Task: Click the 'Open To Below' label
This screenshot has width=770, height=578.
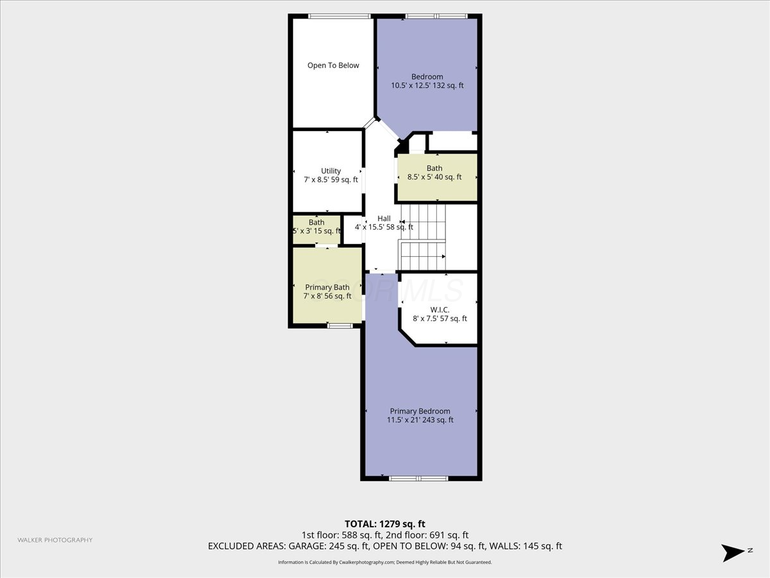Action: click(x=333, y=66)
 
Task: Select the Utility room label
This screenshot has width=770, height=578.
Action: click(x=331, y=171)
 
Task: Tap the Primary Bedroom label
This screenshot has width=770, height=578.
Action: click(x=420, y=411)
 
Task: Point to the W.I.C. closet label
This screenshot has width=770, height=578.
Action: click(x=440, y=310)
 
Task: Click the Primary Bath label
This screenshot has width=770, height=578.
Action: click(x=327, y=288)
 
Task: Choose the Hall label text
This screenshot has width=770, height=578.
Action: click(x=384, y=218)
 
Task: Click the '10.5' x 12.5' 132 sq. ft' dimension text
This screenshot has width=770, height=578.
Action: click(x=427, y=85)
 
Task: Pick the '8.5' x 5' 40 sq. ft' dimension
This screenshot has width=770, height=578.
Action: click(x=434, y=177)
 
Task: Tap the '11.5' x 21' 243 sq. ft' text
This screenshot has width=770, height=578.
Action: click(x=420, y=420)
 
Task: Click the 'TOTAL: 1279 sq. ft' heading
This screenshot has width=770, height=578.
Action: click(x=385, y=524)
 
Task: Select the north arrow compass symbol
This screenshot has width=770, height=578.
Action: click(x=733, y=553)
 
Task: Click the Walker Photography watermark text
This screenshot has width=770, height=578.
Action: click(x=55, y=540)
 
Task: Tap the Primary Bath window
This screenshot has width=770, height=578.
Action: click(x=339, y=326)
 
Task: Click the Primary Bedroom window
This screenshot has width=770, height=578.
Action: click(x=418, y=478)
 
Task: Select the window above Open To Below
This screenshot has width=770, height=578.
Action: click(x=339, y=16)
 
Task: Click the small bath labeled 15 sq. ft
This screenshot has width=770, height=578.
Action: click(x=316, y=230)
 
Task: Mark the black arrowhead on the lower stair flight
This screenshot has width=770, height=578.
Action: click(x=444, y=256)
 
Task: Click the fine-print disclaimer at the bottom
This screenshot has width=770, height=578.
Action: click(x=385, y=562)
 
